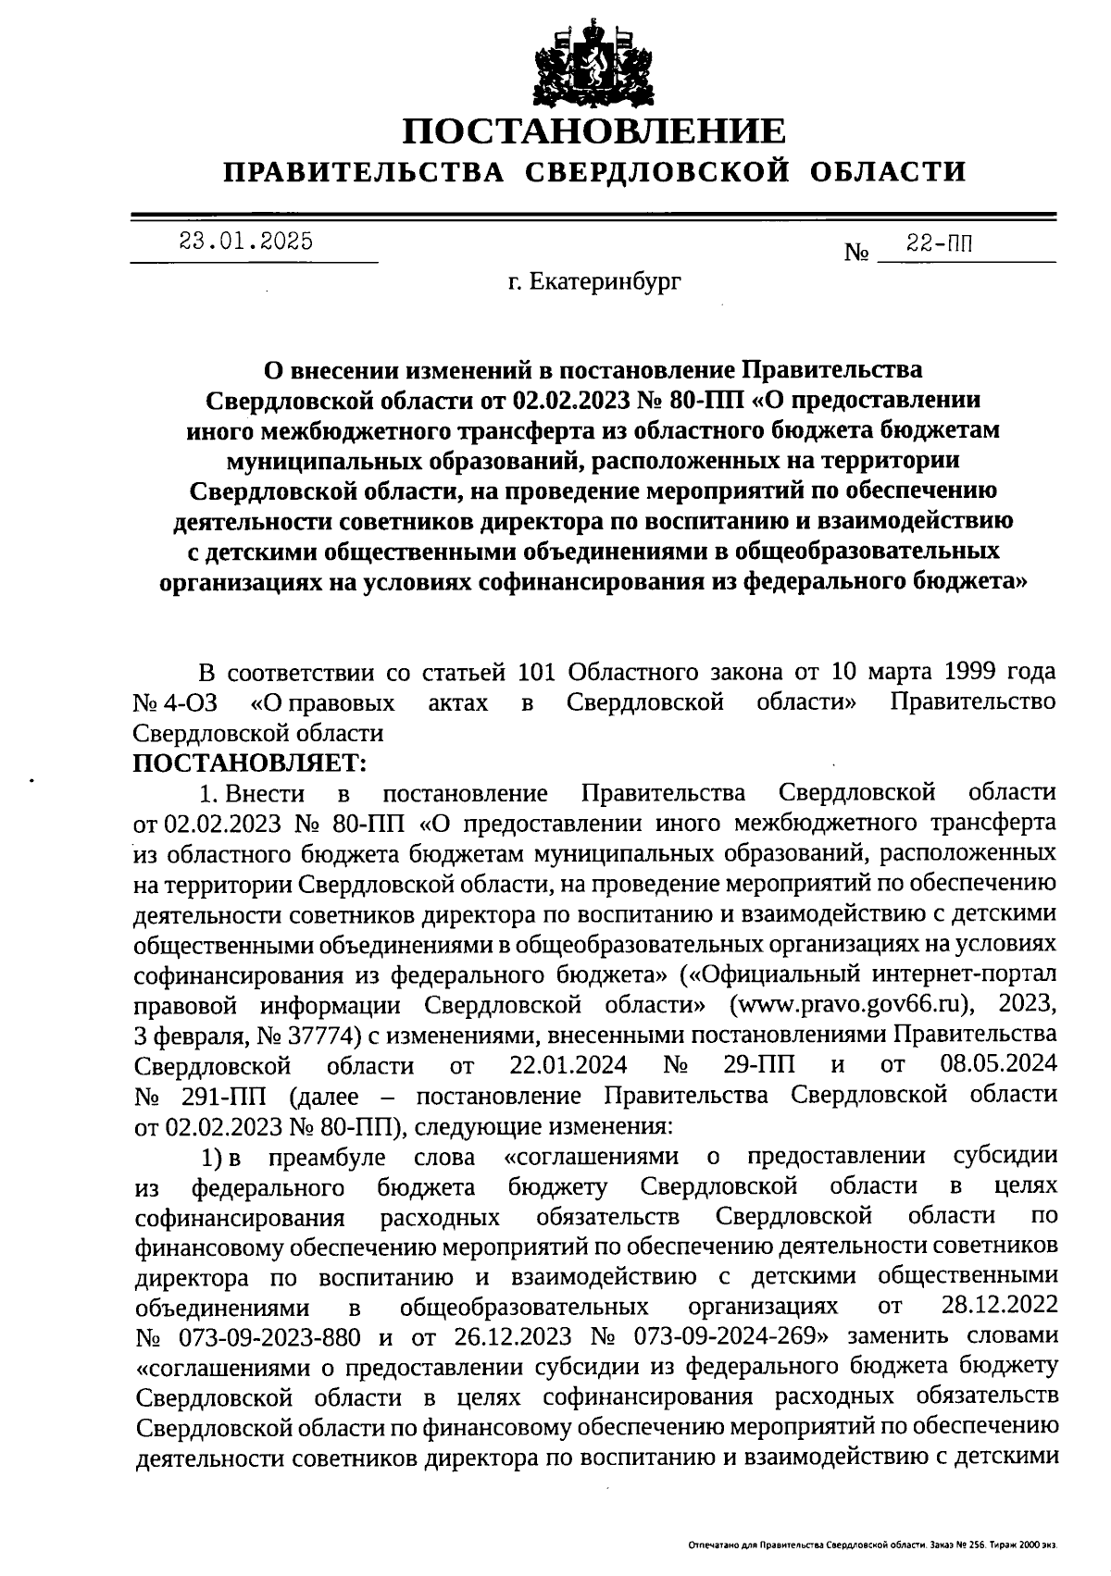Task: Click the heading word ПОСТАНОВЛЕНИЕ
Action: point(593,131)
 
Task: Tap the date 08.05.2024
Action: point(998,1065)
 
